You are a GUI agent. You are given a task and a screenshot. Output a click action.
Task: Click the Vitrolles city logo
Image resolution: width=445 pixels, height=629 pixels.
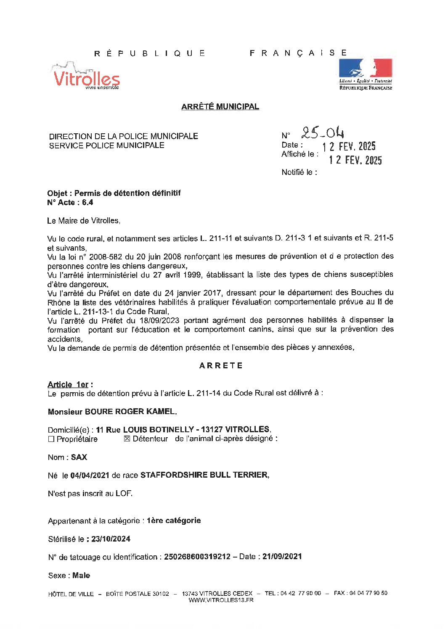tap(86, 76)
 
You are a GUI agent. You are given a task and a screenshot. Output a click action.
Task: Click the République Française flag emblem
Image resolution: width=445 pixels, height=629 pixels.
tap(366, 74)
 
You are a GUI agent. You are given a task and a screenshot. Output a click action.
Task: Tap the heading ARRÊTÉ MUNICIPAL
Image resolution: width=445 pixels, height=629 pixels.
tap(220, 107)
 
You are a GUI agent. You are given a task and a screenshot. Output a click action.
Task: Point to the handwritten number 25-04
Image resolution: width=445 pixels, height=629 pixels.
tap(323, 133)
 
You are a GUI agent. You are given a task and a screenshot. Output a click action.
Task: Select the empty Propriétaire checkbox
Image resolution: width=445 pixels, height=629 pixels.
tap(51, 439)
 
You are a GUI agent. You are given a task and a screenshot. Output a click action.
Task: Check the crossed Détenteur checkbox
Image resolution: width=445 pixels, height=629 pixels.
tap(127, 439)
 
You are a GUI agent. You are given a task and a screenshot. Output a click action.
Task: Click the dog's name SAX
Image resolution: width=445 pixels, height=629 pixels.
tap(79, 457)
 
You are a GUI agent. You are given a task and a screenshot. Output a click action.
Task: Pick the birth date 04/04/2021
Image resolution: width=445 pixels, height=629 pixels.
tap(90, 475)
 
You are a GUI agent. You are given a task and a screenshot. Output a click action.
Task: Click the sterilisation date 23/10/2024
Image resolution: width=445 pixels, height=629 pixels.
tap(111, 539)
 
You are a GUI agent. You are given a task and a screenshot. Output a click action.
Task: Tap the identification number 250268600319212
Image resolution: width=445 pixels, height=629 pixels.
tap(197, 557)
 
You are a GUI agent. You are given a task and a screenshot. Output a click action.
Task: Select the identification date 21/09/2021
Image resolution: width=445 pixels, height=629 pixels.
tap(282, 557)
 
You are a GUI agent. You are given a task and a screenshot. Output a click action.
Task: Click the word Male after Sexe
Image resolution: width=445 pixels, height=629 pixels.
tap(81, 575)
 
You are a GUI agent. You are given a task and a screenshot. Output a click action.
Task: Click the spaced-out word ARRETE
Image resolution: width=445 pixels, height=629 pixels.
tap(221, 366)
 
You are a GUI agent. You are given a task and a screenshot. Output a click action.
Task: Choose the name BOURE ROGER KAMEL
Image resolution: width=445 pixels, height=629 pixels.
tap(130, 412)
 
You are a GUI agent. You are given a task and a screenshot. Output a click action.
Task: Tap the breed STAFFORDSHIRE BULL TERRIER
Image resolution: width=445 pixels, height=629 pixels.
tap(204, 475)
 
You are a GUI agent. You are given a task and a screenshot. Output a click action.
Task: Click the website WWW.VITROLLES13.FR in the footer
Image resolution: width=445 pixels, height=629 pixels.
tap(221, 600)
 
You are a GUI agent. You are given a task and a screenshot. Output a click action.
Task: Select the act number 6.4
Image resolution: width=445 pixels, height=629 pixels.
tap(87, 202)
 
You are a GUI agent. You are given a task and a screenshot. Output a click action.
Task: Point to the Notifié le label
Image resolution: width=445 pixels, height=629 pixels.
tap(299, 172)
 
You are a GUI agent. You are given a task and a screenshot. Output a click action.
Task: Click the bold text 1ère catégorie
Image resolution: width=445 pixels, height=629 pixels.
tap(174, 521)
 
